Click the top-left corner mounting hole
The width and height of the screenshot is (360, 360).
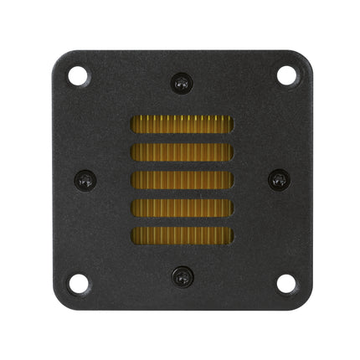click(x=78, y=75)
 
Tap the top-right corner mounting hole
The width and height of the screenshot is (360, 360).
click(x=286, y=75)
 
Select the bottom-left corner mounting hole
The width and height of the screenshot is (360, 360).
click(x=78, y=283)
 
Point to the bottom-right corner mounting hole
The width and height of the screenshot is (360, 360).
click(x=286, y=283)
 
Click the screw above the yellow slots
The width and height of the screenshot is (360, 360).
click(x=182, y=83)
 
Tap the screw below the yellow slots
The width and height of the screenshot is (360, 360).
click(x=182, y=275)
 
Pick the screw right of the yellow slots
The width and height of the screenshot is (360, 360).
click(x=279, y=179)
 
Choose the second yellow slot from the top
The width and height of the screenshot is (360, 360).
click(x=182, y=152)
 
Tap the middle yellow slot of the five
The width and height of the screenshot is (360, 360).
click(x=182, y=179)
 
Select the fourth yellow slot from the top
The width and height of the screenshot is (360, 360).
click(x=182, y=207)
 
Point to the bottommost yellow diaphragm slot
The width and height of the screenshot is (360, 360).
click(x=182, y=234)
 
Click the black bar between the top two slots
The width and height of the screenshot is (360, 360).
click(x=182, y=138)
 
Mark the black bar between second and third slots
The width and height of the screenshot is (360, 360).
click(x=182, y=166)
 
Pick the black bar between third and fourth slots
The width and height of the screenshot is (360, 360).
click(x=182, y=193)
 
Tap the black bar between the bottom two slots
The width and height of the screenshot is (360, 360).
click(x=182, y=221)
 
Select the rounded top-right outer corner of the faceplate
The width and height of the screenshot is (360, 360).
click(x=306, y=55)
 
